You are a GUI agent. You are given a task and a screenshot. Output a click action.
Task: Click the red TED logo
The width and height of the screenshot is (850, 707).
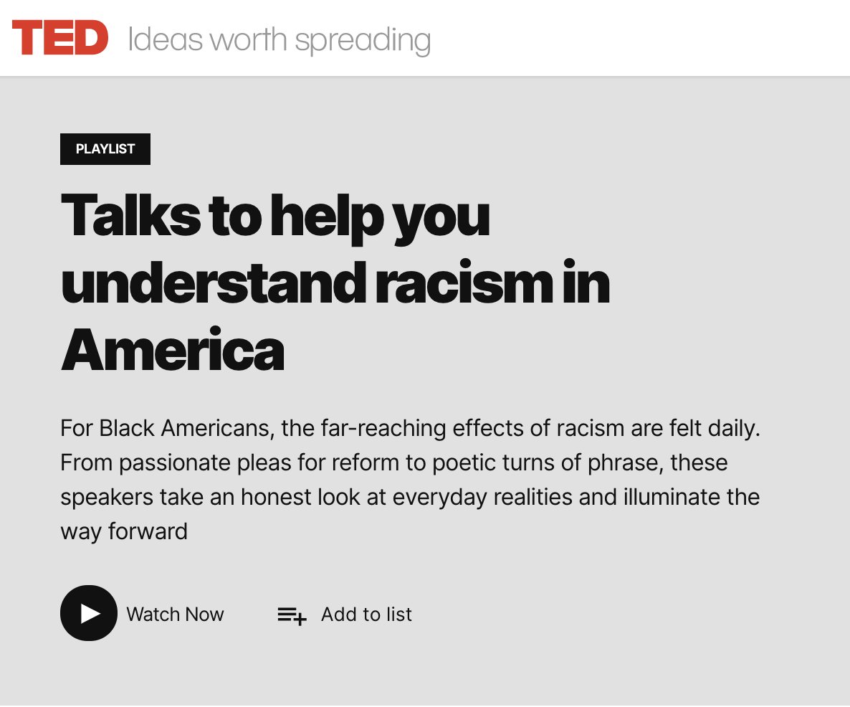(60, 38)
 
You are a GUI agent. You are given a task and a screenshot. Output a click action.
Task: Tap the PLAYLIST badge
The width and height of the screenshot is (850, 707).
(105, 149)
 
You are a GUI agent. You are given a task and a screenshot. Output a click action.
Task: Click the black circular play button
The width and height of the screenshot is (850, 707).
(89, 613)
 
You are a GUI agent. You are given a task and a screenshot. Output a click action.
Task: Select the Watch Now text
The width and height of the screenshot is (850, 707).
(175, 615)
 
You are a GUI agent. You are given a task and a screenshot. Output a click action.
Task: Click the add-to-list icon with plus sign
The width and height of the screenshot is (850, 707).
(292, 615)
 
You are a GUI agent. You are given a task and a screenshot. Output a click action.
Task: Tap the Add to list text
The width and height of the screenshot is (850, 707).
(366, 615)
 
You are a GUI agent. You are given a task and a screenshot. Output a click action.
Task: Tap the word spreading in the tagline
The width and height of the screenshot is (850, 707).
(363, 40)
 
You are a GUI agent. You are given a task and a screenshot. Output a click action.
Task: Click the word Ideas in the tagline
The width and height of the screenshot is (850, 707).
(165, 39)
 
